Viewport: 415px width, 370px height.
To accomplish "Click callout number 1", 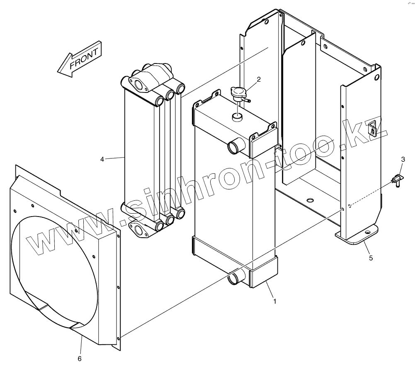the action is click(274, 301).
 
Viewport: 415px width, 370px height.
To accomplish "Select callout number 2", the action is click(258, 80).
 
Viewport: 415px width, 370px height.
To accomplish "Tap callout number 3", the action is click(403, 159).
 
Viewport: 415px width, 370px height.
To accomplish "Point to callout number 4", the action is click(102, 158).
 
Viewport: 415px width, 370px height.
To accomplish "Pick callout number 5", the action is click(371, 258).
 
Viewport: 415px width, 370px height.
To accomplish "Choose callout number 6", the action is click(80, 358).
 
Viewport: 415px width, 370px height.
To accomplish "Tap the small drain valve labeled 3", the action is click(398, 180).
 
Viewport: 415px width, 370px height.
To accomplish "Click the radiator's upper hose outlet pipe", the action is click(233, 146).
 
